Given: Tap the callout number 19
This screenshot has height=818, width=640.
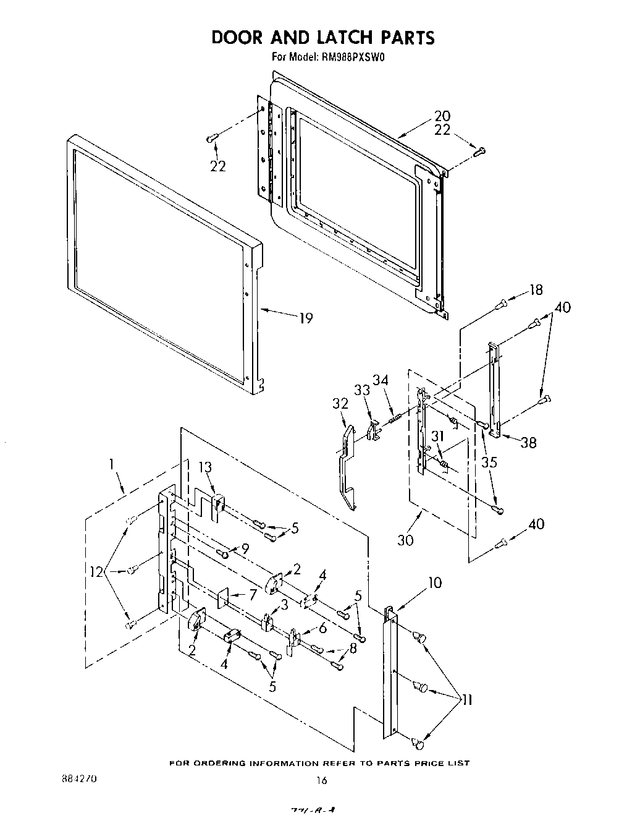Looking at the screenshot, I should [x=306, y=318].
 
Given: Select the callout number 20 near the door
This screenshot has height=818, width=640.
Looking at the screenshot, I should [x=442, y=116].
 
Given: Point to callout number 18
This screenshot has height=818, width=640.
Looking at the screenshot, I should [x=536, y=290].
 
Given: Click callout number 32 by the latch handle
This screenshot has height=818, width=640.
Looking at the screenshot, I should [x=340, y=403].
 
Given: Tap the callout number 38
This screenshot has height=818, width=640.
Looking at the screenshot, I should [x=528, y=442].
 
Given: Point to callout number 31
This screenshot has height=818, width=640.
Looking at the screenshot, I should [x=438, y=437].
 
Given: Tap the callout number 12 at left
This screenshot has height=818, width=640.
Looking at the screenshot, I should [x=95, y=573].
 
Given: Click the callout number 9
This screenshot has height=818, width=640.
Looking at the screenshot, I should [x=245, y=547].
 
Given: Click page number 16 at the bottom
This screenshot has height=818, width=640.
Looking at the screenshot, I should [x=321, y=780].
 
